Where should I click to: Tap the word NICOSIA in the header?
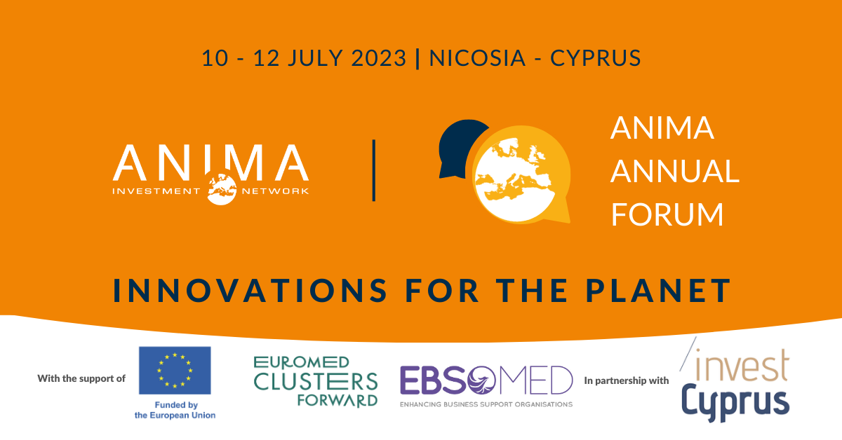[476, 57]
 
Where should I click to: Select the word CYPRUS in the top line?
[596, 57]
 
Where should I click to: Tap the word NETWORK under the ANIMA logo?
[276, 191]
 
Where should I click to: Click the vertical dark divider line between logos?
[374, 170]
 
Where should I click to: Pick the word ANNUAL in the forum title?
[674, 172]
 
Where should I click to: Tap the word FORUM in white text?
[667, 214]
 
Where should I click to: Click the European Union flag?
[175, 370]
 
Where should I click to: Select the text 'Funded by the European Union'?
[175, 410]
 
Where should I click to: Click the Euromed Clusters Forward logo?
[316, 381]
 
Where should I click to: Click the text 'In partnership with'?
[626, 380]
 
